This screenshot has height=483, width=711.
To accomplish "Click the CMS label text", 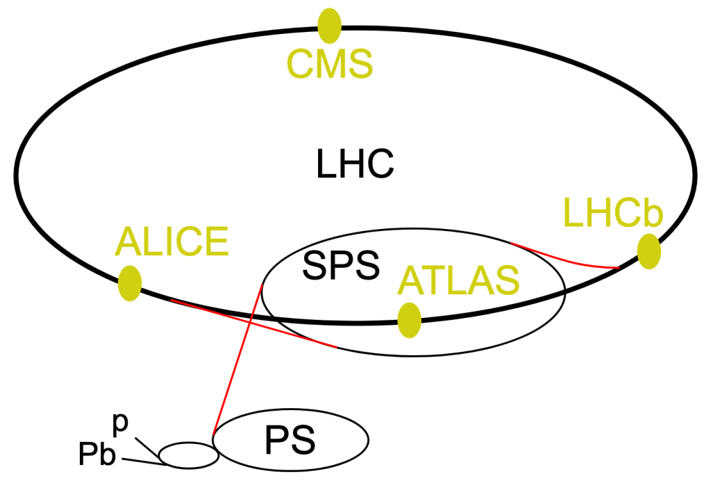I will tap(330, 65).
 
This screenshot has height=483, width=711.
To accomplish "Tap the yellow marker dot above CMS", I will tap(329, 26).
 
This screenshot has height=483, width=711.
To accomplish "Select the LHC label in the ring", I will tap(355, 165).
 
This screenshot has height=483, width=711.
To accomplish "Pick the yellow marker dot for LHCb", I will tap(649, 251).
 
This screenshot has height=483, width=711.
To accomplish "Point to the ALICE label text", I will tap(172, 241).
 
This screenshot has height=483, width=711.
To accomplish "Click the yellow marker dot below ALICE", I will tap(130, 283).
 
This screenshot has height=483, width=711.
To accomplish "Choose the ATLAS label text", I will tap(458, 280).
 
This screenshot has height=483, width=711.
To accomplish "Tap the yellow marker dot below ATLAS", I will tap(410, 320).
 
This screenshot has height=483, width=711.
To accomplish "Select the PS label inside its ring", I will tap(290, 441).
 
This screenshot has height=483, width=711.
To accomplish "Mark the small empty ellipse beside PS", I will tap(189, 455).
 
